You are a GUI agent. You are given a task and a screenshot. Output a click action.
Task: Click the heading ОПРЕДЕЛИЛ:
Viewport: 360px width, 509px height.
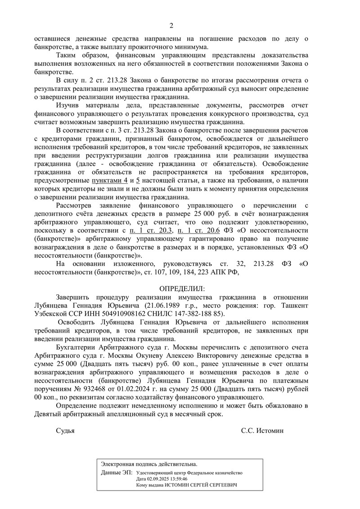182,288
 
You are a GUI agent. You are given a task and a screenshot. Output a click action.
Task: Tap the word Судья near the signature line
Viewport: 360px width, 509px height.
65,430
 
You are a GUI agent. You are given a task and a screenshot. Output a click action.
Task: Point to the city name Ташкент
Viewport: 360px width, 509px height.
292,305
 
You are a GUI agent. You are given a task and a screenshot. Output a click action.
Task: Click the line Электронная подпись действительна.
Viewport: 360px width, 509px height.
149,464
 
